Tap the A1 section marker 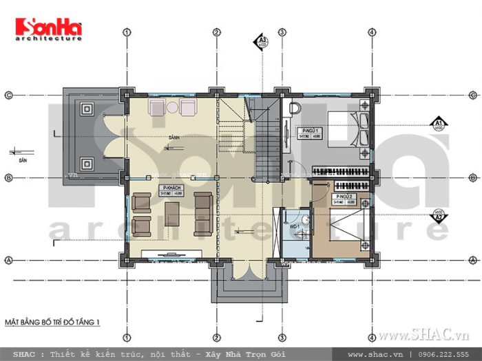coord(438,124)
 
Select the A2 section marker coord(438,215)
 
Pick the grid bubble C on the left coord(9,95)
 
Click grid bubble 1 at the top coord(127,32)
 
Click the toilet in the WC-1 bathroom coord(304,223)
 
